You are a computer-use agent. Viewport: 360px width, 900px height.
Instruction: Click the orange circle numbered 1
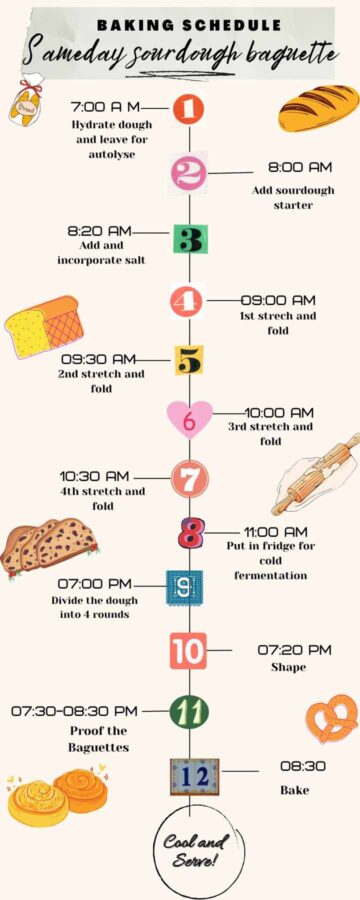click(x=188, y=109)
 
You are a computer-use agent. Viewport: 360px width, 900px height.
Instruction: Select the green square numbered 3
click(x=189, y=239)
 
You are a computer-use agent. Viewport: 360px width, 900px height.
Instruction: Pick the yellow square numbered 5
click(x=188, y=359)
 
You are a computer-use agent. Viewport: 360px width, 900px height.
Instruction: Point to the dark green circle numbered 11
click(x=189, y=712)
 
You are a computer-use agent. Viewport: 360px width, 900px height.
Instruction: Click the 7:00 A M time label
click(x=107, y=106)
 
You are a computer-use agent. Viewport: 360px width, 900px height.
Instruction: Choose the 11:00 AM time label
click(x=276, y=532)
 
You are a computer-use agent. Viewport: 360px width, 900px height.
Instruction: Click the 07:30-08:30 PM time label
click(x=75, y=711)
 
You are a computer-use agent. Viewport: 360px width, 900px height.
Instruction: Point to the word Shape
click(x=287, y=667)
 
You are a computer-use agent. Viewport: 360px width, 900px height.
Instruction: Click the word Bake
click(x=295, y=790)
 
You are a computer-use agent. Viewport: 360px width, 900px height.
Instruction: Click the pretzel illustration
click(x=332, y=718)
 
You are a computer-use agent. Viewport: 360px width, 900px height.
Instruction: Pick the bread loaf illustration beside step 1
click(x=318, y=108)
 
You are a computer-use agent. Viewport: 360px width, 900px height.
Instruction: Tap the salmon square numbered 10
click(x=188, y=651)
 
